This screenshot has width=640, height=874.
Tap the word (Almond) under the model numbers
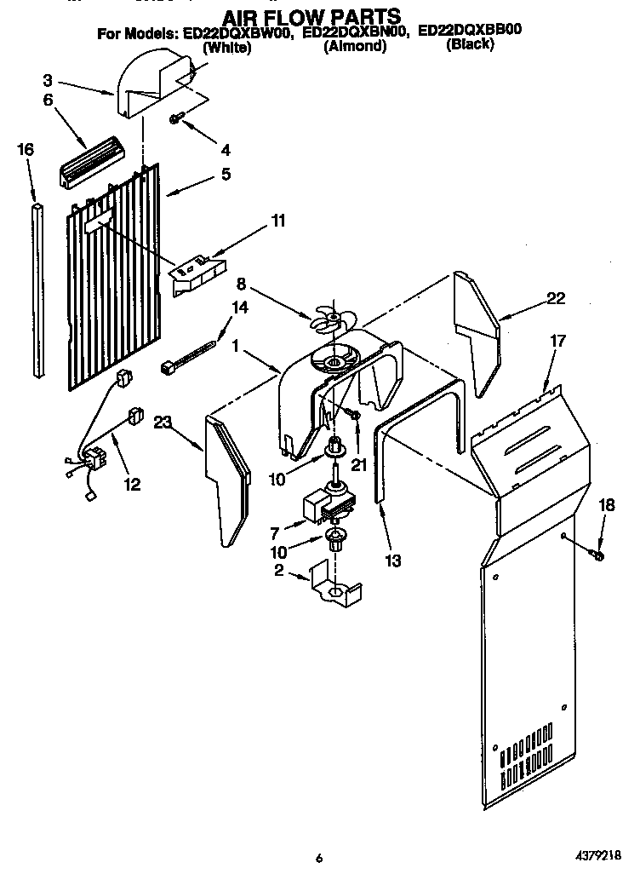pos(355,47)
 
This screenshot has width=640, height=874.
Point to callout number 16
pos(26,150)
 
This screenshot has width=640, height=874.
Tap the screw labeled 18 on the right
pos(596,555)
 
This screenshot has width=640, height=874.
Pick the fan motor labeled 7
pos(326,509)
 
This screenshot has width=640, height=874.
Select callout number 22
pos(555,298)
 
